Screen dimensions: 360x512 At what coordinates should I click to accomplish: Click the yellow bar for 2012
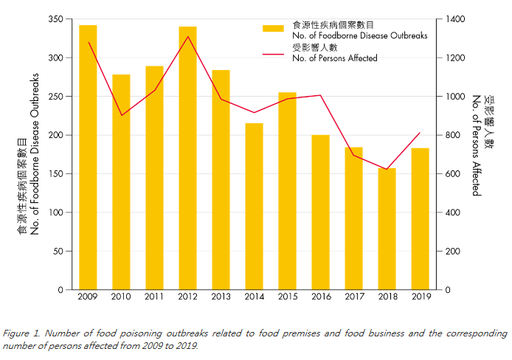click(x=187, y=158)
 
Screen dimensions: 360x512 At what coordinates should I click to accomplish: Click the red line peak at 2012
click(x=187, y=36)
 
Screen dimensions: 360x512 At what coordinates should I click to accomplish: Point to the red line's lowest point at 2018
click(x=387, y=170)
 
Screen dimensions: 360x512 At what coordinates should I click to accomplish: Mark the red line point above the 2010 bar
click(x=121, y=115)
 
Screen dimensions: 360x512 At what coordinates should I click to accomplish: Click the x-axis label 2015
click(x=287, y=297)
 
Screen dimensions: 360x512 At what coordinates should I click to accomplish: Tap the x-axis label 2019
click(x=420, y=297)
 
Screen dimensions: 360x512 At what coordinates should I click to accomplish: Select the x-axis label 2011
click(x=154, y=297)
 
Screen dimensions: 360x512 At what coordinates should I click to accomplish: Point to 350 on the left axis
click(x=55, y=18)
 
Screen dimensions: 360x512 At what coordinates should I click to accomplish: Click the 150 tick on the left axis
click(x=55, y=173)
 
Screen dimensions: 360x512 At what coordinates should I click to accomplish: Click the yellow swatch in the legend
click(x=273, y=29)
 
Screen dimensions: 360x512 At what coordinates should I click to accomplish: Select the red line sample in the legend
click(x=273, y=53)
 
